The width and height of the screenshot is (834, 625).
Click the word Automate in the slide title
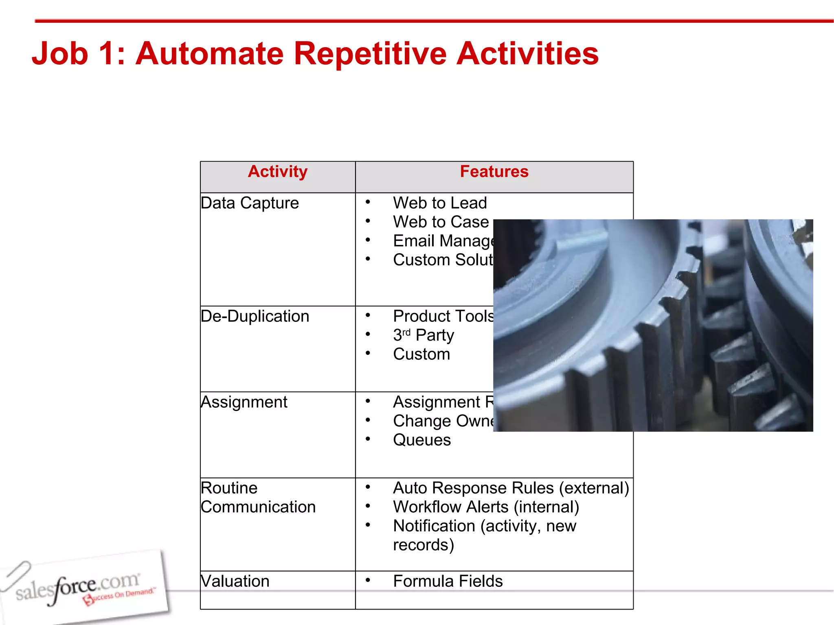(x=209, y=53)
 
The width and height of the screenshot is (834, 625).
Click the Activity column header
(x=277, y=172)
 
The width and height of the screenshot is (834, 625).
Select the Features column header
(x=494, y=172)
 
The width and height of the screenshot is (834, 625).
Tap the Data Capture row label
(x=250, y=203)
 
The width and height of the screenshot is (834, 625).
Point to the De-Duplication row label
(x=255, y=316)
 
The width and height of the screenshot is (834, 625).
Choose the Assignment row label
(x=244, y=402)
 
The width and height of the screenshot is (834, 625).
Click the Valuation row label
(x=235, y=581)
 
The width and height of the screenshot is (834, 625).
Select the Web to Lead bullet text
(x=440, y=203)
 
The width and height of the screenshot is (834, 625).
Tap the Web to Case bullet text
(x=441, y=222)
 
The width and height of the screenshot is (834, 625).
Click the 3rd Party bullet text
(x=424, y=335)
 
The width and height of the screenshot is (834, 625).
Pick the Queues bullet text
(x=422, y=440)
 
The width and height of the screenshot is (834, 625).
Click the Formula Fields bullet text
(x=448, y=581)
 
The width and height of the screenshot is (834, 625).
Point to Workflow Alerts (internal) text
(x=486, y=507)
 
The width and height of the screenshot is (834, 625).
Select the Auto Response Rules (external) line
(x=511, y=488)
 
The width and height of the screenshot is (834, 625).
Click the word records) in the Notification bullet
(x=424, y=545)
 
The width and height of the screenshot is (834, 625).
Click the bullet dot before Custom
(x=368, y=353)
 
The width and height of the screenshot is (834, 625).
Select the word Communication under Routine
(x=258, y=507)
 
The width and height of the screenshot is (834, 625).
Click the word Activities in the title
(x=527, y=53)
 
